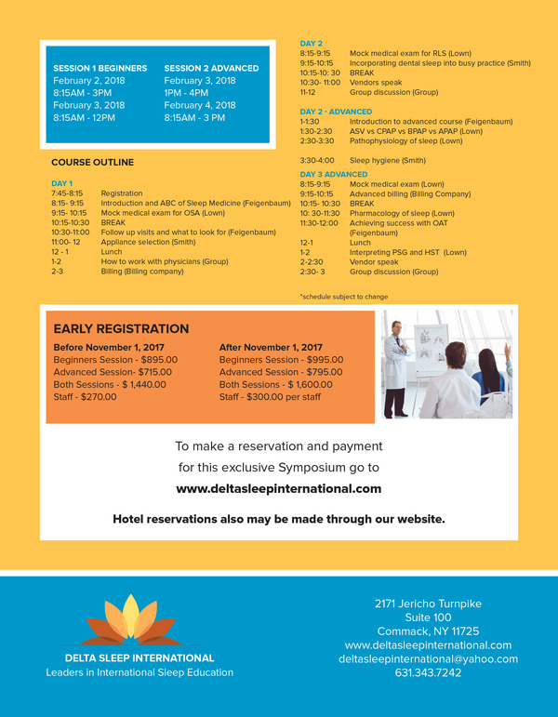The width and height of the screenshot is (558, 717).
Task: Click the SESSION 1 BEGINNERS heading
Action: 100,68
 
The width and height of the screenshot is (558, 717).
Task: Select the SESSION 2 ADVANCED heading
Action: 211,68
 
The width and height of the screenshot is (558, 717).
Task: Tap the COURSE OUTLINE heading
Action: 92,163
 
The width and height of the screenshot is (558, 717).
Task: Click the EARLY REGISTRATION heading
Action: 121,328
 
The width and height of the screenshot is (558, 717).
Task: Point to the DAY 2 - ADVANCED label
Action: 336,112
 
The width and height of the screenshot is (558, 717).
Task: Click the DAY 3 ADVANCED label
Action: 333,175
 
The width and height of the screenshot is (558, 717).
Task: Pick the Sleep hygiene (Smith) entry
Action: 386,161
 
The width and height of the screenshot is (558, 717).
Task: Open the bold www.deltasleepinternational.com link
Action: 278,488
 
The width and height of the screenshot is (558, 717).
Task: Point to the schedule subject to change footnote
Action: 343,297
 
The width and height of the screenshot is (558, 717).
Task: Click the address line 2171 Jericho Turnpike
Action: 428,604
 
